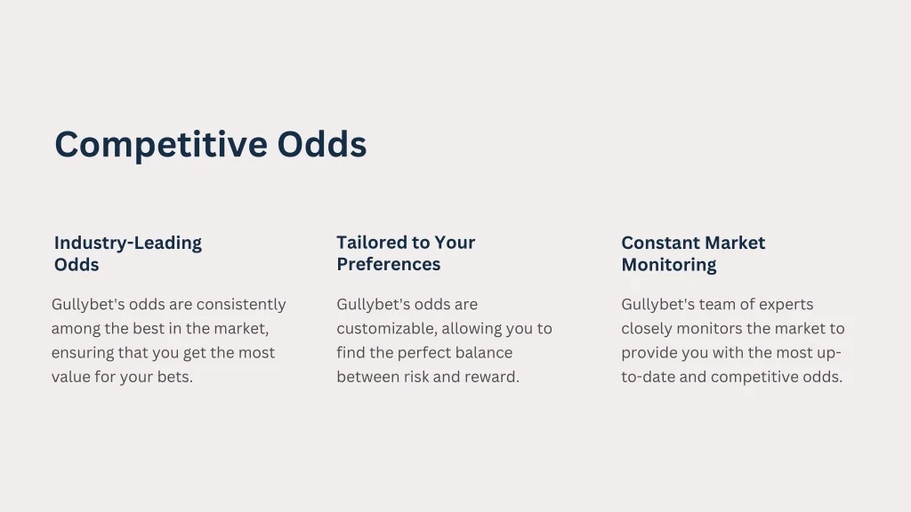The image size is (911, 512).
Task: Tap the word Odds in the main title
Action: [x=321, y=144]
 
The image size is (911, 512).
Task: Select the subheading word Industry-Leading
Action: [x=127, y=243]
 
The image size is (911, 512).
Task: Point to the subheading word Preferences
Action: [x=388, y=265]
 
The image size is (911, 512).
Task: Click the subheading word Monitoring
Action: [x=668, y=265]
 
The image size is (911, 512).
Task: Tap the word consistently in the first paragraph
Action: [x=240, y=305]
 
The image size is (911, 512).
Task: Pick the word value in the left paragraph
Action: [x=72, y=377]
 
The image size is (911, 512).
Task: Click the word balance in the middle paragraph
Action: [x=484, y=353]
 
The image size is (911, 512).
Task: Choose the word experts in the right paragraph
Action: [x=786, y=305]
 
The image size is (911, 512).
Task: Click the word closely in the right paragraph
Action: [x=648, y=329]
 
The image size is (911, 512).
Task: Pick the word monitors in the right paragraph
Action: [x=713, y=329]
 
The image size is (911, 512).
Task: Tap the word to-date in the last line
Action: [x=649, y=377]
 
